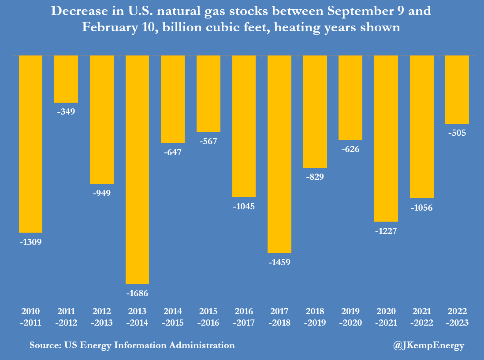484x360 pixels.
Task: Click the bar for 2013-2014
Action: [137, 169]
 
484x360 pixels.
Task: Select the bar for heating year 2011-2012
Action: [66, 79]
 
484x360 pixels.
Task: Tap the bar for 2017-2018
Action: [279, 154]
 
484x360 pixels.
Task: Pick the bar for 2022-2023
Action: [457, 89]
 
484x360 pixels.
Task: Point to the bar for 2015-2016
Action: [208, 93]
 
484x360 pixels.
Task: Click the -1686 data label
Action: [137, 293]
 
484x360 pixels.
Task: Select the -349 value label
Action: [66, 112]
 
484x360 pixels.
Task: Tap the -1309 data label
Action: [30, 242]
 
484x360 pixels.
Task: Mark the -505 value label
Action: [457, 133]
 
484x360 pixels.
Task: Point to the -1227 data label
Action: [386, 231]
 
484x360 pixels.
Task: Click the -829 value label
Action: [315, 177]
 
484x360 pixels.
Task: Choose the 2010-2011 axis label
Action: [30, 317]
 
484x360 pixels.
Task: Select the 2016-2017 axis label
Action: [244, 317]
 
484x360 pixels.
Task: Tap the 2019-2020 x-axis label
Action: [350, 317]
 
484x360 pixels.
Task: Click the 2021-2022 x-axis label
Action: [422, 317]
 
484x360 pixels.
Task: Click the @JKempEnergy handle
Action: [428, 345]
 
